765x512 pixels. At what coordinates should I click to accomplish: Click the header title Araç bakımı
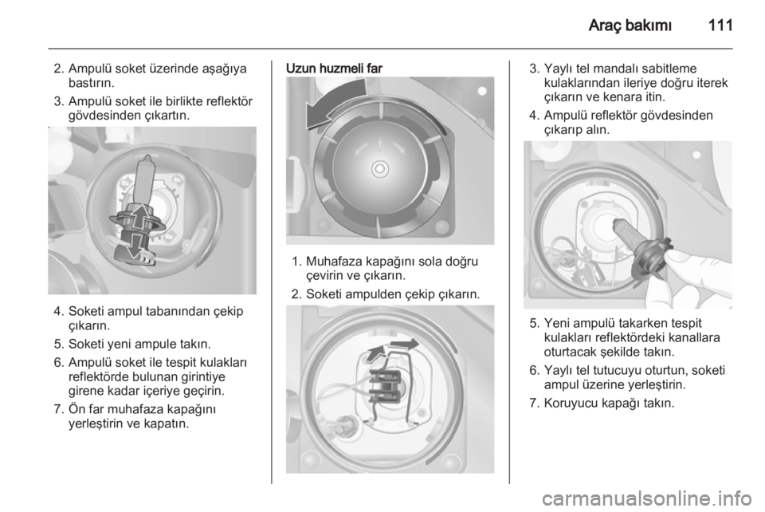tap(630, 26)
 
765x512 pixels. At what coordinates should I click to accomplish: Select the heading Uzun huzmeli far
tap(334, 69)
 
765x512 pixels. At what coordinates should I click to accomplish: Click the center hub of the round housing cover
tap(379, 169)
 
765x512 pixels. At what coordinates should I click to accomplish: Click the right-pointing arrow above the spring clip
tap(405, 344)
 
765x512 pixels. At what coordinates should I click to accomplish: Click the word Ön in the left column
tap(77, 408)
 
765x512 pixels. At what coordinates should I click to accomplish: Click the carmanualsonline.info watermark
tap(651, 498)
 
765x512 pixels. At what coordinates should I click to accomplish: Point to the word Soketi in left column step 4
tap(88, 311)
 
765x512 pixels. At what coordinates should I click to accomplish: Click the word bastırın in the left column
tap(92, 82)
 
